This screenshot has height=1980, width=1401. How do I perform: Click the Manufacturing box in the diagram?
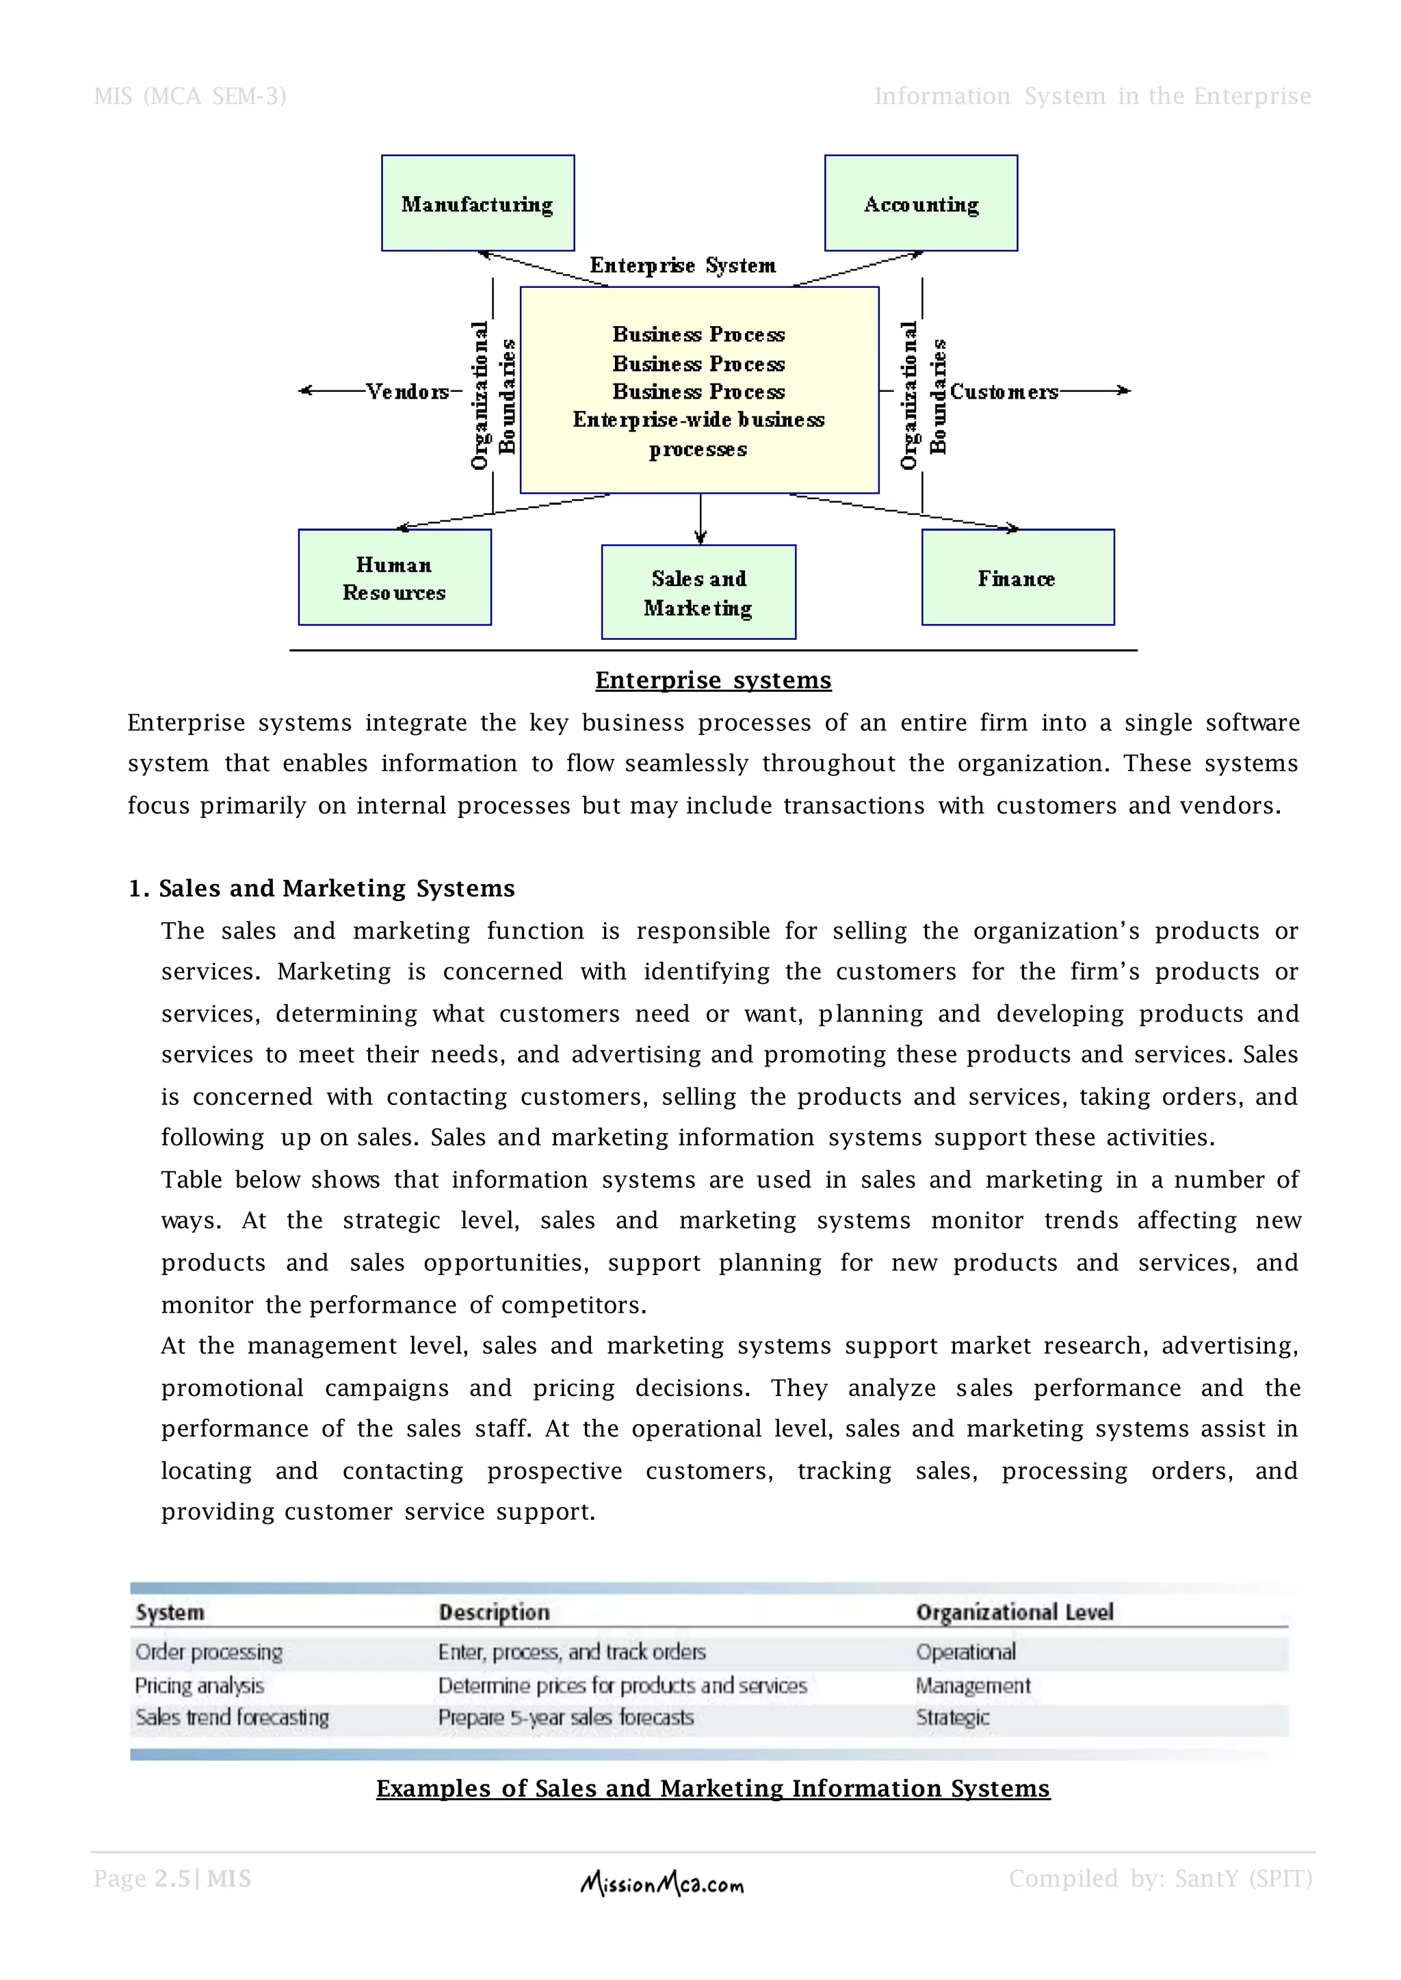click(478, 204)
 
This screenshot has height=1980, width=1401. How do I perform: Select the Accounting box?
click(921, 204)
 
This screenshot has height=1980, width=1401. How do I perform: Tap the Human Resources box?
click(394, 577)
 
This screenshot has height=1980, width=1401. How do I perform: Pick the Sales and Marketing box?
click(698, 593)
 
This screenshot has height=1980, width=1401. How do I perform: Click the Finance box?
click(1017, 577)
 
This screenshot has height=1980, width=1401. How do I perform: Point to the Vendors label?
click(407, 392)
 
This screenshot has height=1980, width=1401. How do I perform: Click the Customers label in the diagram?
click(1004, 392)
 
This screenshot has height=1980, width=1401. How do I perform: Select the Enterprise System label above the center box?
click(683, 265)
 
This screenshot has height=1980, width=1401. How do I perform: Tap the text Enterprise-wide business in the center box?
click(698, 420)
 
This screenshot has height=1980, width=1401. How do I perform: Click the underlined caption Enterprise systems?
click(713, 680)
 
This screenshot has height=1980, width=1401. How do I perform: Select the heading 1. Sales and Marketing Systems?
click(321, 888)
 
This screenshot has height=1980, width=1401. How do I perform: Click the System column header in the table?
click(170, 1611)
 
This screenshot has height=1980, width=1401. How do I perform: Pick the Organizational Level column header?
click(1014, 1611)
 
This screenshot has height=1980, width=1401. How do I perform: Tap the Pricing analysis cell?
click(199, 1685)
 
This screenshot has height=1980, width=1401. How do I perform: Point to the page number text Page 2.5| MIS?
click(172, 1878)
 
